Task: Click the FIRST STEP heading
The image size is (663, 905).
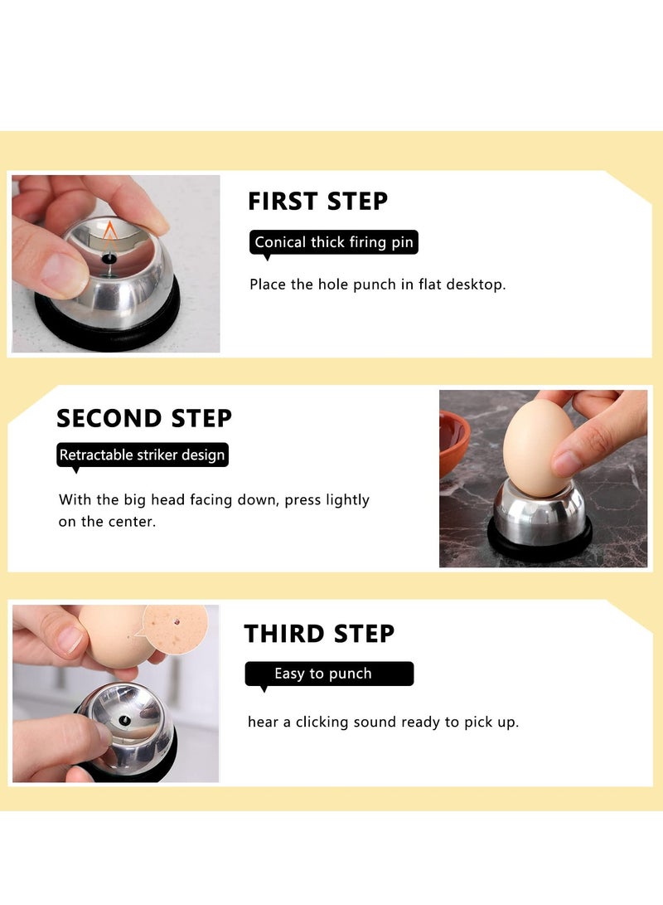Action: pos(317,202)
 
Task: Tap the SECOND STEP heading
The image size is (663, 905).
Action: pos(144,418)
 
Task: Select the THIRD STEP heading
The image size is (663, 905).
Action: pos(319,634)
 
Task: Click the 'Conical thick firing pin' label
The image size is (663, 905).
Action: pos(333,242)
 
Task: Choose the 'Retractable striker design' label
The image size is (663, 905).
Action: pos(142,455)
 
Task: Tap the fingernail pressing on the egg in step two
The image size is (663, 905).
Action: pos(569,460)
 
